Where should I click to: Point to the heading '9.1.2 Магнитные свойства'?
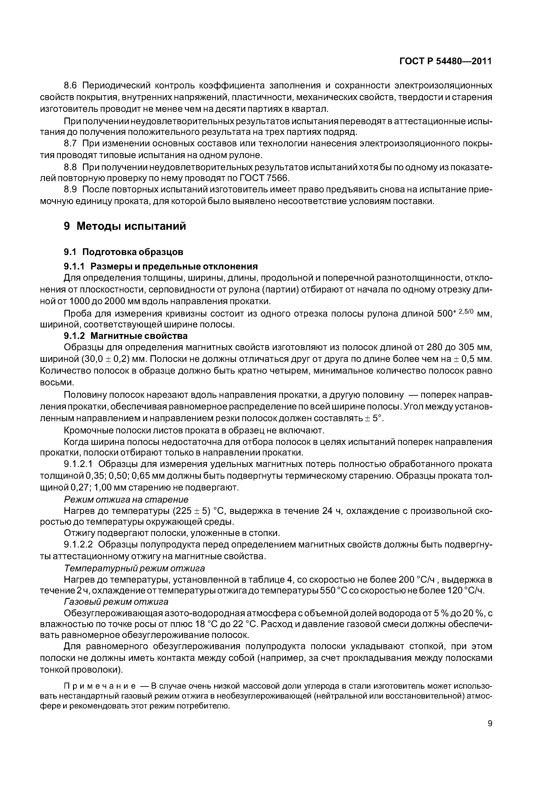click(x=126, y=336)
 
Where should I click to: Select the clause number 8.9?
click(x=72, y=190)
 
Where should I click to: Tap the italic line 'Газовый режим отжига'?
click(x=116, y=602)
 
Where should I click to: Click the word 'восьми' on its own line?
click(x=57, y=383)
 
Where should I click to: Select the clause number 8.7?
click(x=72, y=143)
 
